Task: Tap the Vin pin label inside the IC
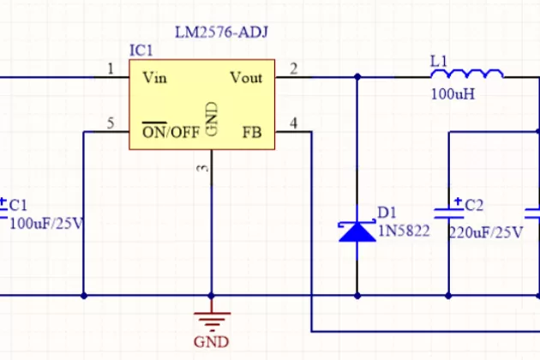[x=154, y=78]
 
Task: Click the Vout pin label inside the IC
[x=246, y=78]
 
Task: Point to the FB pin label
[x=252, y=132]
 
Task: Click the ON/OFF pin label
[x=170, y=132]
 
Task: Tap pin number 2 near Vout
[x=293, y=69]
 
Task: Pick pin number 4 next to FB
[x=293, y=123]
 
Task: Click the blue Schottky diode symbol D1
[x=357, y=231]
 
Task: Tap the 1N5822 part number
[x=403, y=231]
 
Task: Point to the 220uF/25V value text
[x=483, y=231]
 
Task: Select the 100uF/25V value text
[x=47, y=224]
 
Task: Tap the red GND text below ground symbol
[x=211, y=342]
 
